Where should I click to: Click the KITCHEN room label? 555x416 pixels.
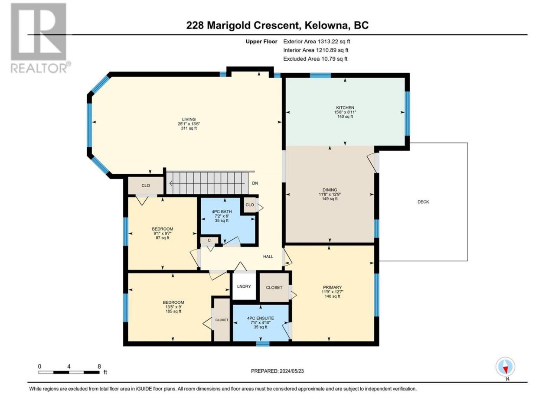(x=345, y=107)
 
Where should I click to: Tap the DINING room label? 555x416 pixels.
(x=330, y=190)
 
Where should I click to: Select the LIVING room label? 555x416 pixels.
(x=189, y=120)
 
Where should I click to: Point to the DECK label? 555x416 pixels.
(x=423, y=202)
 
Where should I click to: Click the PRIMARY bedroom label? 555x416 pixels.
(x=332, y=287)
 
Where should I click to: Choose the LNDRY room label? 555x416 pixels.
(x=244, y=286)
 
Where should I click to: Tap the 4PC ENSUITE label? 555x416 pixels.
(x=261, y=318)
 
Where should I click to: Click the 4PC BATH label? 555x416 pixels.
(x=222, y=211)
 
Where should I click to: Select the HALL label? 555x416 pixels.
(x=268, y=257)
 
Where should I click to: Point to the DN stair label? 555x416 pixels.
(x=255, y=183)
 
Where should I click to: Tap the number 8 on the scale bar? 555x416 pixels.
(x=99, y=366)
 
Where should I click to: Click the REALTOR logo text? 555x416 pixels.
(x=39, y=68)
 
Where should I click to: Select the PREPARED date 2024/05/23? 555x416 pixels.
(x=291, y=371)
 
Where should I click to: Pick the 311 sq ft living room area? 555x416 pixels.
(x=189, y=128)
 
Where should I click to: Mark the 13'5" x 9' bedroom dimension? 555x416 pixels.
(x=173, y=307)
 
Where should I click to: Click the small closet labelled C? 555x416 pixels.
(x=209, y=240)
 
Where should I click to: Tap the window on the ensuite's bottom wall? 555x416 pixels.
(x=263, y=343)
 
